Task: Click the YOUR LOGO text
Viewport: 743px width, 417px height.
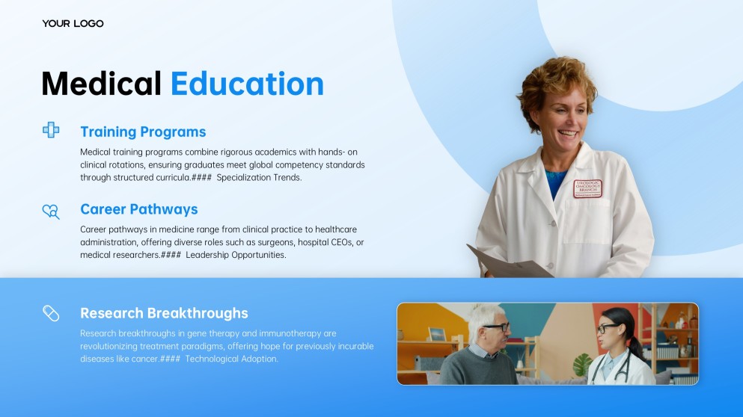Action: (x=73, y=24)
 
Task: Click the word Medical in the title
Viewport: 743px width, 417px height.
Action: (x=101, y=84)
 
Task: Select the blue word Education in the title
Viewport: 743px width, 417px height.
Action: (x=247, y=84)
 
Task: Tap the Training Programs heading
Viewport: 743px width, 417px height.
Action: (x=143, y=132)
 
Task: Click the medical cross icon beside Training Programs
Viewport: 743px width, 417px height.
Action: (x=51, y=130)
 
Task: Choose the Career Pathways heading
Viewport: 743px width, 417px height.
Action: (x=139, y=209)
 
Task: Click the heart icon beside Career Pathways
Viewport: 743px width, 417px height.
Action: (x=51, y=211)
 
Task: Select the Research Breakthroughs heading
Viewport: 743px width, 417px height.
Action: (x=164, y=313)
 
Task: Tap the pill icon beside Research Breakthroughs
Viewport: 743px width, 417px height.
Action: (x=51, y=313)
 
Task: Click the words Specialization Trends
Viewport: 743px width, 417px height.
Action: (x=259, y=178)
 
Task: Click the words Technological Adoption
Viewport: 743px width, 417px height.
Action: (x=231, y=359)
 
